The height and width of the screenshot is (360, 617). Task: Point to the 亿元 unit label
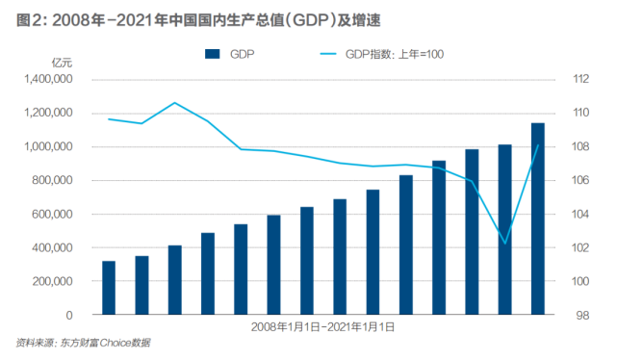(61, 64)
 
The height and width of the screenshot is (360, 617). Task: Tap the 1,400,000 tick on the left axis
(45, 80)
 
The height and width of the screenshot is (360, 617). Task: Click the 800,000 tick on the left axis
(51, 181)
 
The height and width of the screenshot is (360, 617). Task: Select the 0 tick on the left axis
(71, 316)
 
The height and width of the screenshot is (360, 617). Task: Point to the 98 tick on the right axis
(583, 316)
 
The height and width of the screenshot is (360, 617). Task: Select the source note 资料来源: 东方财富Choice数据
(84, 344)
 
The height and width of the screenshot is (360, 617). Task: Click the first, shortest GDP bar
(109, 288)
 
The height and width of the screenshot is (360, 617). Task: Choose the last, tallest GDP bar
(538, 219)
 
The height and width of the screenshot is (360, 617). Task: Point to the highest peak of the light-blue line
(174, 102)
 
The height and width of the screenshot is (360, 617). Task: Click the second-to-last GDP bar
(505, 230)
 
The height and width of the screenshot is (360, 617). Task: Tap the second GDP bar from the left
(141, 285)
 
